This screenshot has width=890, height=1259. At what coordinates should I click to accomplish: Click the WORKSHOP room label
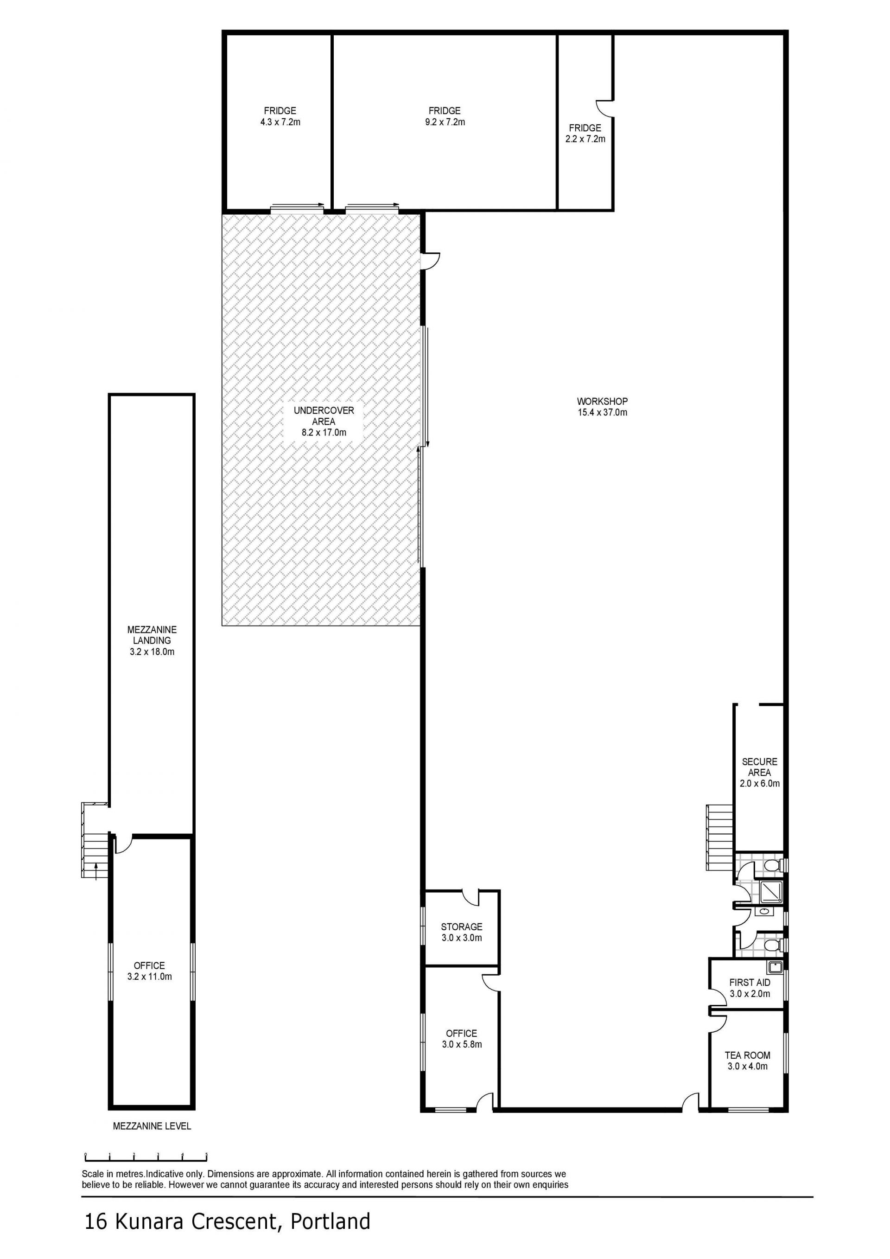click(602, 402)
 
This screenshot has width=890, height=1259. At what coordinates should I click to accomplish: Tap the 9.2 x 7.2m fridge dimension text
click(445, 122)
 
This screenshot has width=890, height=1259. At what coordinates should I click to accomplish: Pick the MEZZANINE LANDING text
click(152, 635)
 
